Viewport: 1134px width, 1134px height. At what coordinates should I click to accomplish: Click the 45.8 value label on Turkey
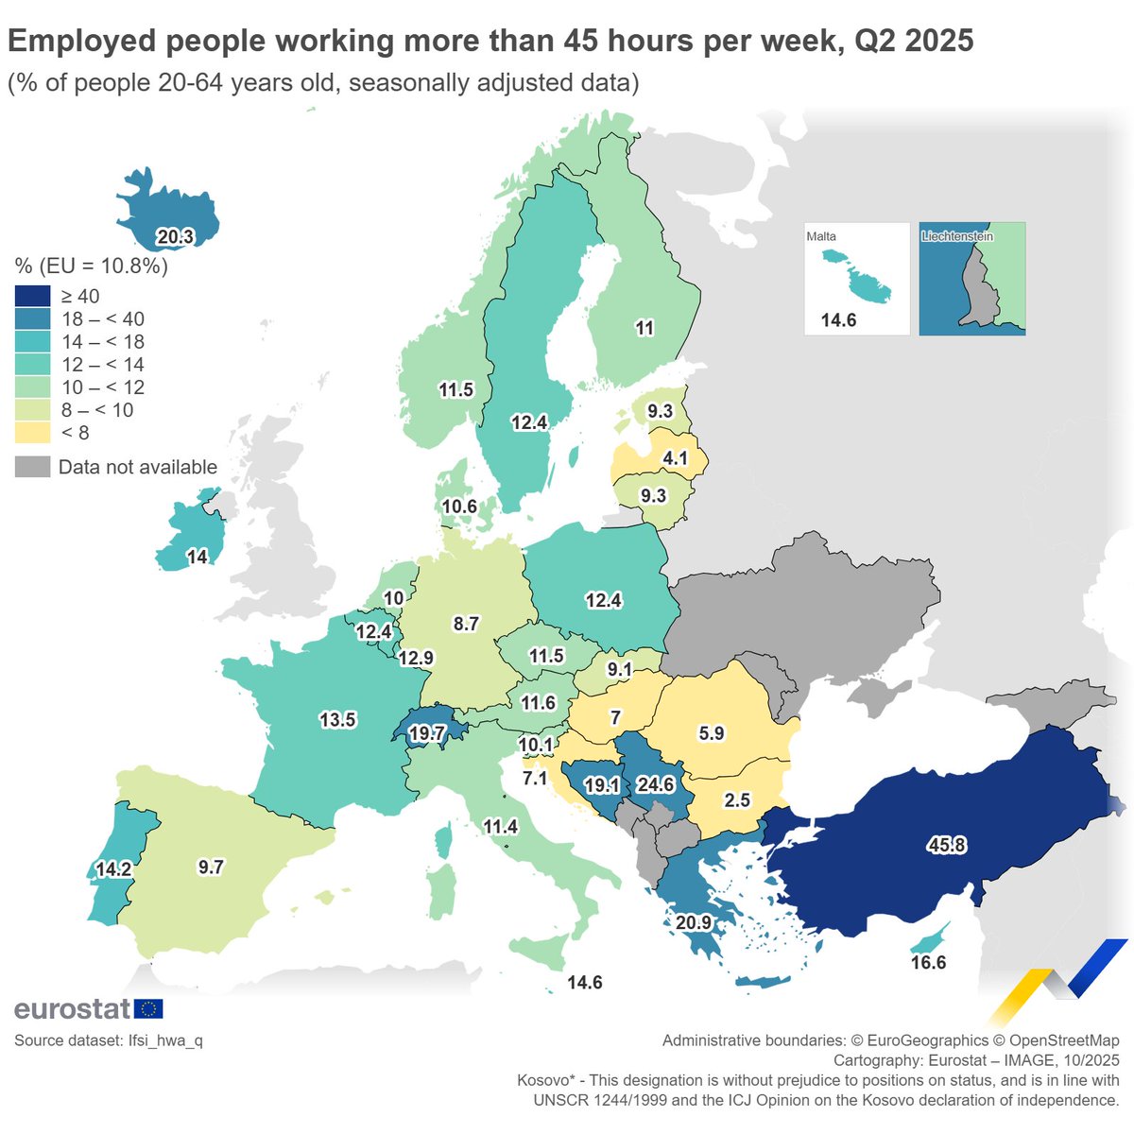click(x=946, y=845)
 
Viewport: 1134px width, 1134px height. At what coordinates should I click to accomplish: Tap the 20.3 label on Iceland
click(x=175, y=236)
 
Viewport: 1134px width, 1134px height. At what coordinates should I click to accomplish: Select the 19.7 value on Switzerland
click(x=427, y=733)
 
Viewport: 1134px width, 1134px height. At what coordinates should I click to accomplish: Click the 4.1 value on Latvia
click(x=676, y=458)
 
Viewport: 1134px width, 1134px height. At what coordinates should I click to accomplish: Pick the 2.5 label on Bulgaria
click(x=736, y=800)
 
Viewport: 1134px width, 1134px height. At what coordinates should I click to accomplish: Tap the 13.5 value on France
click(x=337, y=720)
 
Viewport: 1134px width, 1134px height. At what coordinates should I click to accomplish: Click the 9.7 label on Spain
click(x=211, y=867)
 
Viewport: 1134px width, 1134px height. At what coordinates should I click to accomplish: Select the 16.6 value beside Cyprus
click(x=928, y=962)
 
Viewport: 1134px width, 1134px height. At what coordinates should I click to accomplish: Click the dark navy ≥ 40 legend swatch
click(x=32, y=297)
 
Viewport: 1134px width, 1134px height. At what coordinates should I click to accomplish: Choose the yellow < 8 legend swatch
click(x=32, y=433)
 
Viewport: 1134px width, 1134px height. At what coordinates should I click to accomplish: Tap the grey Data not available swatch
click(x=32, y=467)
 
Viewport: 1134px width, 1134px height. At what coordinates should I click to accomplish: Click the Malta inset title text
click(x=821, y=236)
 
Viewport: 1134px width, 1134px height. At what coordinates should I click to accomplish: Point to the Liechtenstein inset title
click(x=957, y=236)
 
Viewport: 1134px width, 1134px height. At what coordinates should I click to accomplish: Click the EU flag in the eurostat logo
click(x=148, y=1009)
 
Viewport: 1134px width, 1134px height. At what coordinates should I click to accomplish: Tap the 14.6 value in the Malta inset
click(x=838, y=320)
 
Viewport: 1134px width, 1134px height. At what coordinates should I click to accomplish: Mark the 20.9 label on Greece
click(x=695, y=922)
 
